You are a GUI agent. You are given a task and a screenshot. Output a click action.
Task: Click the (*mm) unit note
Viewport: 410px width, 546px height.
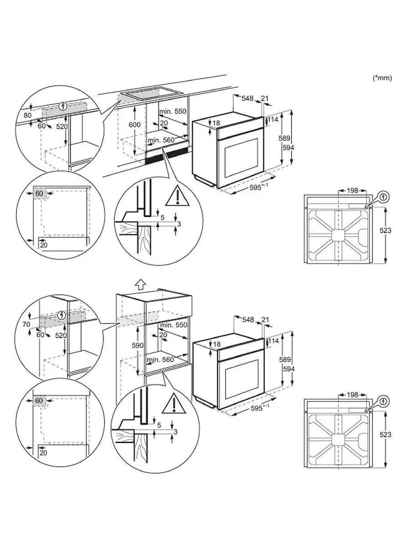coord(382,78)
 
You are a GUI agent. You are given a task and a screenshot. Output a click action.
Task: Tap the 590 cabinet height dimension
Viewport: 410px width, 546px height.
coord(126,345)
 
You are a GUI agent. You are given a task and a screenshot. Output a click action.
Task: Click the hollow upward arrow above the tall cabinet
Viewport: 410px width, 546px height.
coord(141,283)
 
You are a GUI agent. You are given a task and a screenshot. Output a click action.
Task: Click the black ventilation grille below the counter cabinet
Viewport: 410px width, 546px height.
coord(162,157)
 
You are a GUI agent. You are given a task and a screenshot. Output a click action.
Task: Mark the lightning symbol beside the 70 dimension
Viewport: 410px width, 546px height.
coord(62,315)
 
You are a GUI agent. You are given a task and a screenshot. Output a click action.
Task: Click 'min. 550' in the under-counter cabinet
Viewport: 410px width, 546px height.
coord(173,111)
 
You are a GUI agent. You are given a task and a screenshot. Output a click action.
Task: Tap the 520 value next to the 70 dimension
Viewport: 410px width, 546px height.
coord(61,335)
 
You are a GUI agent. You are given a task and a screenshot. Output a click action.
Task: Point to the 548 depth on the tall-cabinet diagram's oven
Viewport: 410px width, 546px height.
coord(248,320)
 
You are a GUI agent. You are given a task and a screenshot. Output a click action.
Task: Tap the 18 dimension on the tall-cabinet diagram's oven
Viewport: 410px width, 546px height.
coord(216,344)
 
